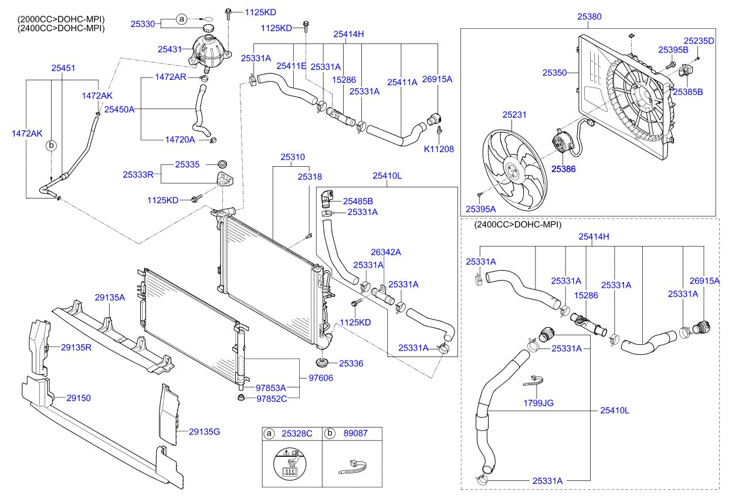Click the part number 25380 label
tap(589, 18)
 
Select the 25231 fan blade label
tap(514, 115)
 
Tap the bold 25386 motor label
tap(563, 169)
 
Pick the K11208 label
tap(439, 149)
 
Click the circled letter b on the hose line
tap(51, 144)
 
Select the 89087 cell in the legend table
tap(355, 434)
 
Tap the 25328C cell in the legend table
tap(297, 434)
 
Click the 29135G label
tap(204, 432)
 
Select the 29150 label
tap(78, 398)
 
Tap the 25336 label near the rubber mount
tap(351, 364)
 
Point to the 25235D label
tap(701, 41)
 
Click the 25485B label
tap(358, 201)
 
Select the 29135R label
tap(76, 347)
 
